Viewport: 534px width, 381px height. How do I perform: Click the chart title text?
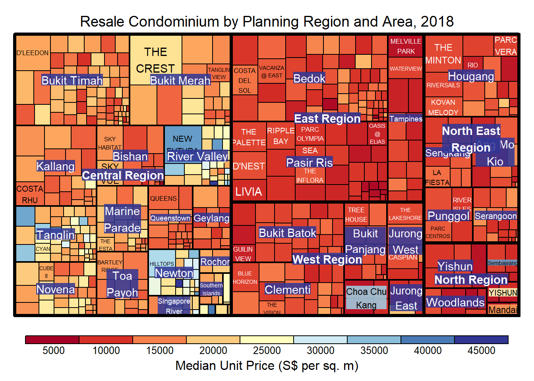267,21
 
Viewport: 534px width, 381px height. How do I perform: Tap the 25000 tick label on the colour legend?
267,350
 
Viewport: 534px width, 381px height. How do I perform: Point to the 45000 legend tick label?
481,350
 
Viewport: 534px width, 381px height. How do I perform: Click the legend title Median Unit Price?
267,366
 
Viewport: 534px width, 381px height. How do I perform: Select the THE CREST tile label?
155,60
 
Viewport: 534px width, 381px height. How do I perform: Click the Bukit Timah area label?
72,81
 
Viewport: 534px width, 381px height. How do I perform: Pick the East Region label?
327,119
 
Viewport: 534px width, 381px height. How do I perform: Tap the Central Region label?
123,175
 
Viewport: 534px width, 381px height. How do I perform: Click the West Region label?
327,260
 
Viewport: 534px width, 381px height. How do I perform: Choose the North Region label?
471,280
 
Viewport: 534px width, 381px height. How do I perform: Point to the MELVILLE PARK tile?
406,46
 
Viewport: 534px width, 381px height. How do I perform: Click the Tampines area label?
406,119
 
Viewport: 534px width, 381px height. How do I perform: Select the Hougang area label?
471,76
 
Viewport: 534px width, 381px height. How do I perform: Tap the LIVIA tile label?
249,192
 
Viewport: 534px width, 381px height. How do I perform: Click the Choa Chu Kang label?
366,298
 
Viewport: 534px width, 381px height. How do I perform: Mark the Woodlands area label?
455,302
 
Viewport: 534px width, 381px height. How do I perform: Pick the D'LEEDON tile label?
33,53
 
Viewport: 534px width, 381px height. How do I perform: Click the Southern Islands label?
211,289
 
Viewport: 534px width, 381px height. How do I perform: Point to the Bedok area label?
309,79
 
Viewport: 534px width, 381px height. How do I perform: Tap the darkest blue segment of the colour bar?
481,340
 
